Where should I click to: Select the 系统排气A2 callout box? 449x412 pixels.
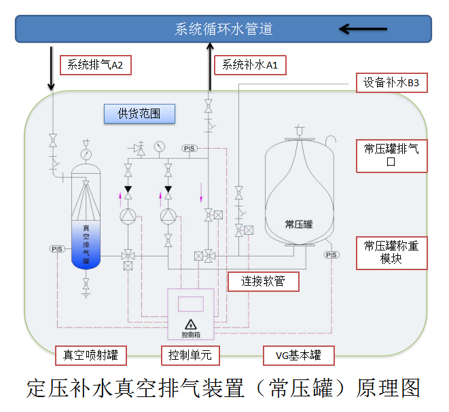95,64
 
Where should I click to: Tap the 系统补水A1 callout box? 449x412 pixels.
250,65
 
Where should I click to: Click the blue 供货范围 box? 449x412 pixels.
139,113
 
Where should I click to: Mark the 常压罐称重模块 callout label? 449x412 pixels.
391,252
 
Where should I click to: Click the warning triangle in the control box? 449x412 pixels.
191,324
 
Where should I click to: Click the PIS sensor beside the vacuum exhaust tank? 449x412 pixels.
56,249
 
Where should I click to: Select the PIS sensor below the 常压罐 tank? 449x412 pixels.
331,255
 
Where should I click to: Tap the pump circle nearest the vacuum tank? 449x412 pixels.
128,217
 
